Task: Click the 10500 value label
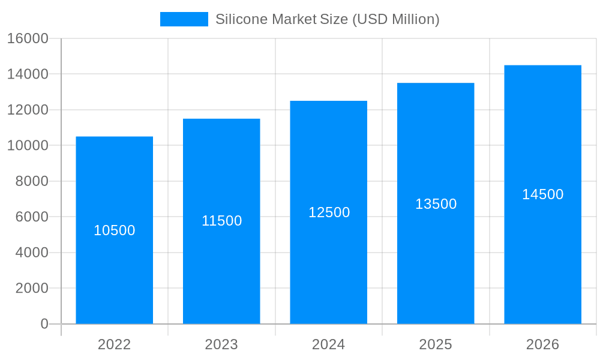115,230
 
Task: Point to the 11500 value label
221,221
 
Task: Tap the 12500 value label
329,212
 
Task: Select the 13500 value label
436,204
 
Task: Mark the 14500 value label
542,194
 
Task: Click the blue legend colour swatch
184,19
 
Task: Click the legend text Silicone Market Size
327,19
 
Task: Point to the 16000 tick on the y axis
28,38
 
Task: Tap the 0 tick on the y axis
44,324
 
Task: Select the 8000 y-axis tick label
31,181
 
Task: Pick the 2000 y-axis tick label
31,288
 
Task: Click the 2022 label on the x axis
114,344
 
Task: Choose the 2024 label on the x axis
328,344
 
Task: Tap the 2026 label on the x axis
542,344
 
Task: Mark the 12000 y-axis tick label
28,110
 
